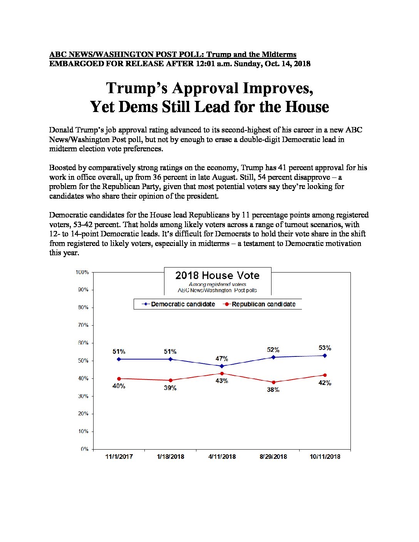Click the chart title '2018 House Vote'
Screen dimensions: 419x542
217,275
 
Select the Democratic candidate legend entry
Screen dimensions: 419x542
178,304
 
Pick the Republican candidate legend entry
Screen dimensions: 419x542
259,304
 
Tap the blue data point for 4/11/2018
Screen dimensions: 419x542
222,366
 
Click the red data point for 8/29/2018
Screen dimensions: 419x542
273,382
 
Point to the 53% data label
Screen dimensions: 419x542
325,348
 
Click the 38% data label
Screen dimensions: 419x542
273,390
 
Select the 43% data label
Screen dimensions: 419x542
222,381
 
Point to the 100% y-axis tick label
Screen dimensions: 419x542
82,272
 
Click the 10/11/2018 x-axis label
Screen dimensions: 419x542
325,457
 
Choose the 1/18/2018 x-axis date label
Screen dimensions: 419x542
171,457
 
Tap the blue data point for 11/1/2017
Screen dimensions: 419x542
119,359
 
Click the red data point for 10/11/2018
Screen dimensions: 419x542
325,375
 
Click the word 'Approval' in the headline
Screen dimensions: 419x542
205,88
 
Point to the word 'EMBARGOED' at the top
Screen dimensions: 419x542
76,64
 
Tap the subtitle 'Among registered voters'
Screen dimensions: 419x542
217,284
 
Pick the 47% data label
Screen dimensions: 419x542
222,359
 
